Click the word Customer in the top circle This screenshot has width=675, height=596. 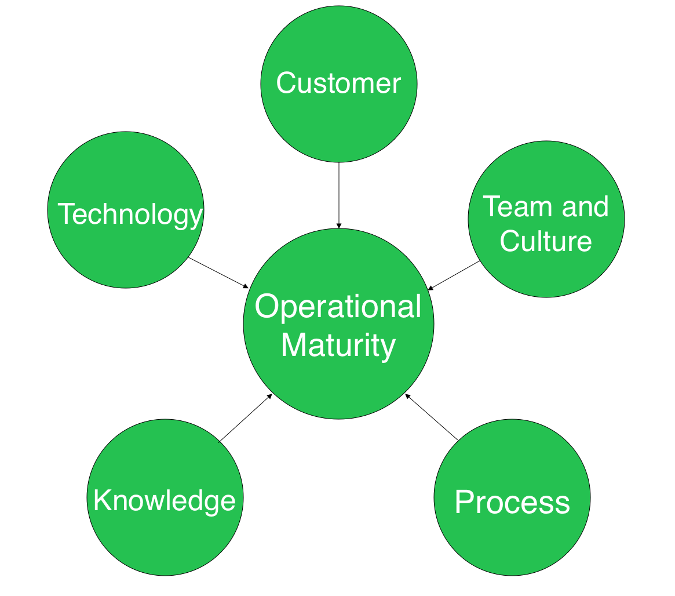click(x=338, y=83)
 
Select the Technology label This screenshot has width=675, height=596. click(x=130, y=215)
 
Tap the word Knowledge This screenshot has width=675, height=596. click(x=165, y=500)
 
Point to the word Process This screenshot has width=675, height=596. click(x=512, y=502)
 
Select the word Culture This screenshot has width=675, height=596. click(x=545, y=241)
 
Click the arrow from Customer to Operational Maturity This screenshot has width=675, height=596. click(x=339, y=194)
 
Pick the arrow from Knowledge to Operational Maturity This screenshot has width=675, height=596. click(x=245, y=419)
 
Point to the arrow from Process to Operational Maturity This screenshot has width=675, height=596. click(x=432, y=417)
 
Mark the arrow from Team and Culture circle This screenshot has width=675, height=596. click(x=454, y=275)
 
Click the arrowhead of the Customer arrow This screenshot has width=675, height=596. click(x=339, y=226)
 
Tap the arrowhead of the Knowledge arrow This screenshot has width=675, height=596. click(x=269, y=397)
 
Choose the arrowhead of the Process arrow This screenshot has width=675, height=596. click(x=407, y=397)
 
